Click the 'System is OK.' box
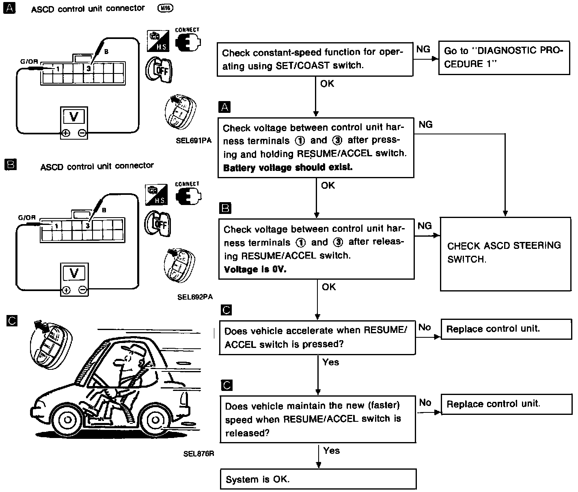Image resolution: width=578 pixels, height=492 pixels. tap(318, 479)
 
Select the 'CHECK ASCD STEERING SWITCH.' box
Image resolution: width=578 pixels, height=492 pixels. tap(505, 252)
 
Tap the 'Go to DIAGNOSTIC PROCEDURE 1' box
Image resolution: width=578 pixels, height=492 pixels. tap(504, 57)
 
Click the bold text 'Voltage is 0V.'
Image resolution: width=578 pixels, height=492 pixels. tap(255, 270)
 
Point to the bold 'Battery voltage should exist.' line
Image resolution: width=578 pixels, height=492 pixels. tap(288, 167)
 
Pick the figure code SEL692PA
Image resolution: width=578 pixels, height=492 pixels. tap(195, 297)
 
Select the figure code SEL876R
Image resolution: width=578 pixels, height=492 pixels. tap(198, 454)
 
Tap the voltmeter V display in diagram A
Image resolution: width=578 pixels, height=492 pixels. tap(73, 117)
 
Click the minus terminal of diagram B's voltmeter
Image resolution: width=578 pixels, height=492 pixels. tap(83, 290)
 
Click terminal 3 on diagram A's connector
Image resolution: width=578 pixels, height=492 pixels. tap(88, 69)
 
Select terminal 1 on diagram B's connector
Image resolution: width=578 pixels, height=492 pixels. tap(56, 225)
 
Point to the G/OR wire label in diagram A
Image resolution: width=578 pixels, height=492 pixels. tap(29, 62)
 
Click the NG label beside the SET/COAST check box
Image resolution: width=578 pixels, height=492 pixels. tap(423, 49)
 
